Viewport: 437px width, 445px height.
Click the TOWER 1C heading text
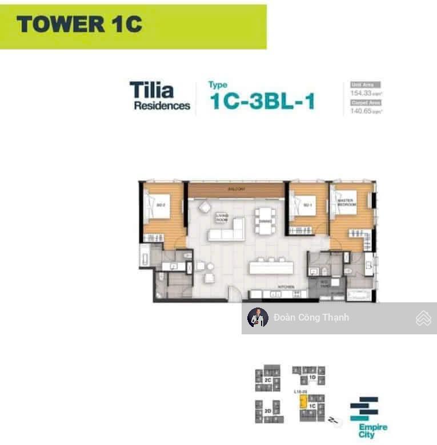click(79, 25)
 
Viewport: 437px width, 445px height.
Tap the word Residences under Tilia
click(162, 106)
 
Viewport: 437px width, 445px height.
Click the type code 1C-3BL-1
click(262, 101)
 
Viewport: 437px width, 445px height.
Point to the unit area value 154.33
click(360, 92)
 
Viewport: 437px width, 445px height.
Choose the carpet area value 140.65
click(360, 111)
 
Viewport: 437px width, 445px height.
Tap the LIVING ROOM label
click(222, 217)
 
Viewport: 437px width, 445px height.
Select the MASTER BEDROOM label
click(346, 203)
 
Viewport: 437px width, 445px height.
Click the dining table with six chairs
click(266, 220)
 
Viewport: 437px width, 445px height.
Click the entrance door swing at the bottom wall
click(233, 294)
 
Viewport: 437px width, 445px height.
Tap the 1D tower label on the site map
click(312, 377)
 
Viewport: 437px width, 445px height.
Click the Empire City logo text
click(372, 431)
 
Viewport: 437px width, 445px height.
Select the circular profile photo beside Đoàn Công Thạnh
click(258, 318)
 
